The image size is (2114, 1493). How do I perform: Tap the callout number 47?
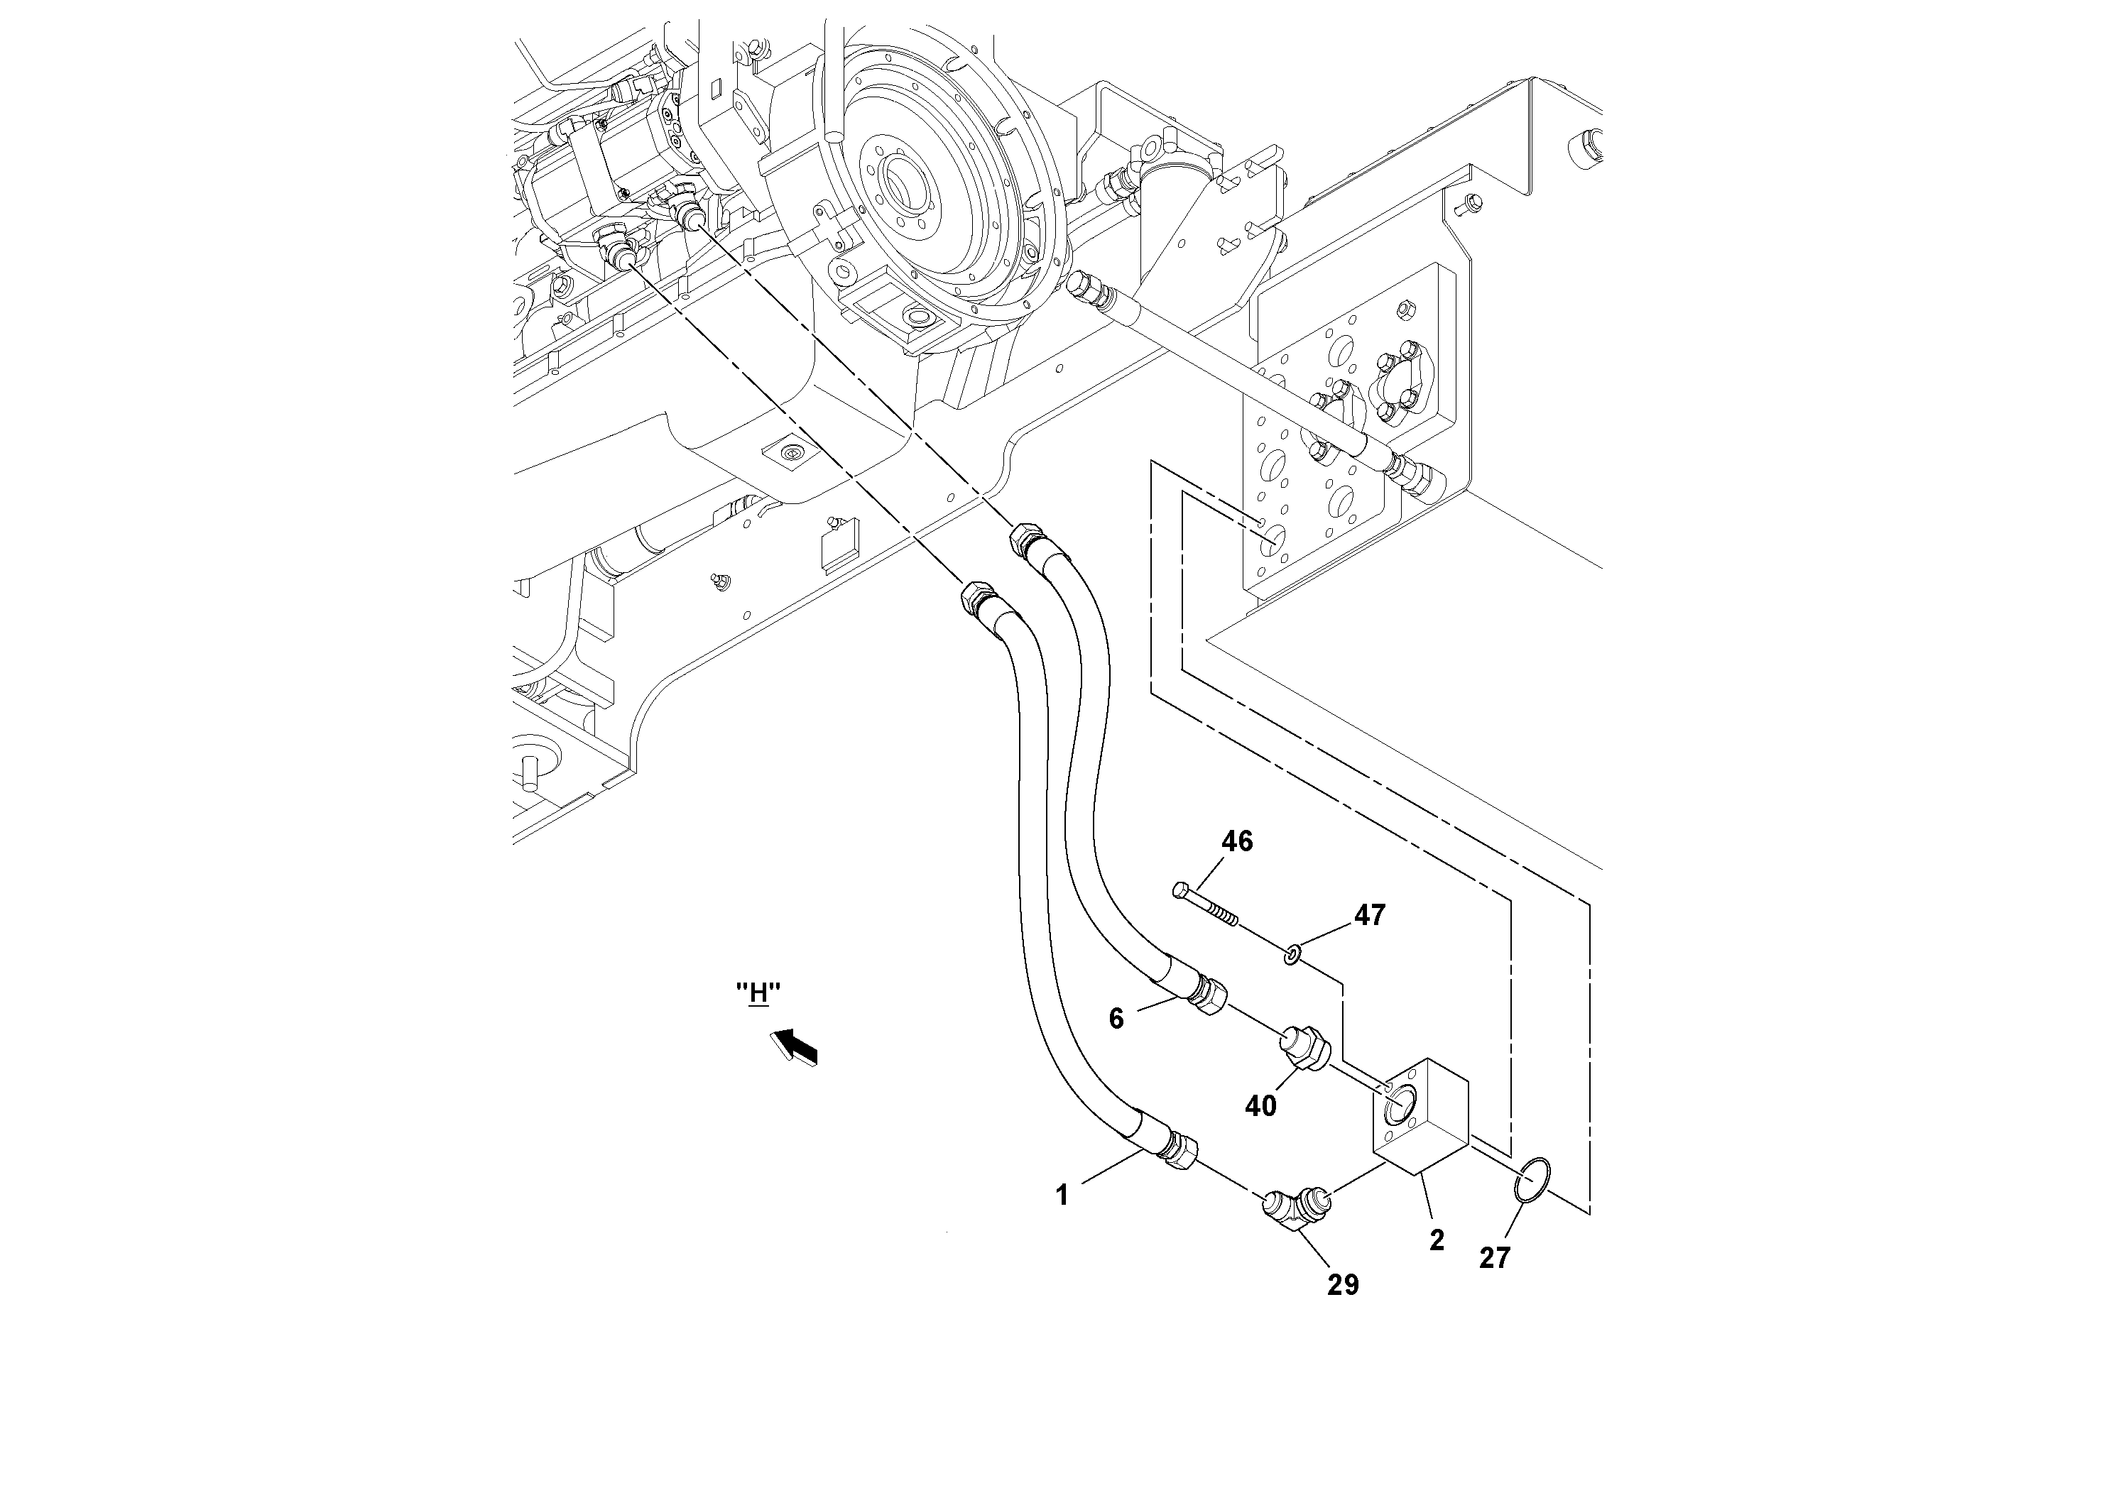1369,915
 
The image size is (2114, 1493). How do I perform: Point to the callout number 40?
1260,1105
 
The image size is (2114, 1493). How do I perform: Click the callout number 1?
1062,1196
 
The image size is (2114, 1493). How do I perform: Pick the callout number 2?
1437,1240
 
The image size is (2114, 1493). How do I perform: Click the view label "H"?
758,993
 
